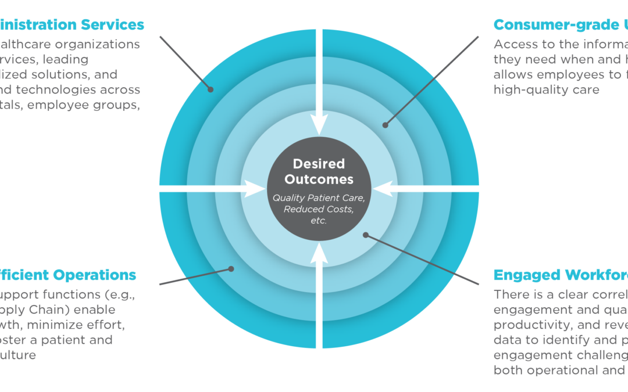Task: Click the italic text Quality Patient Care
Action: tap(319, 198)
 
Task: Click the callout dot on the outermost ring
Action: tap(210, 89)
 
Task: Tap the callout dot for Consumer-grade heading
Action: tap(385, 124)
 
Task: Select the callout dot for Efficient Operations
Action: tap(231, 268)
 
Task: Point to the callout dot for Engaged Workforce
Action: tap(366, 235)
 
